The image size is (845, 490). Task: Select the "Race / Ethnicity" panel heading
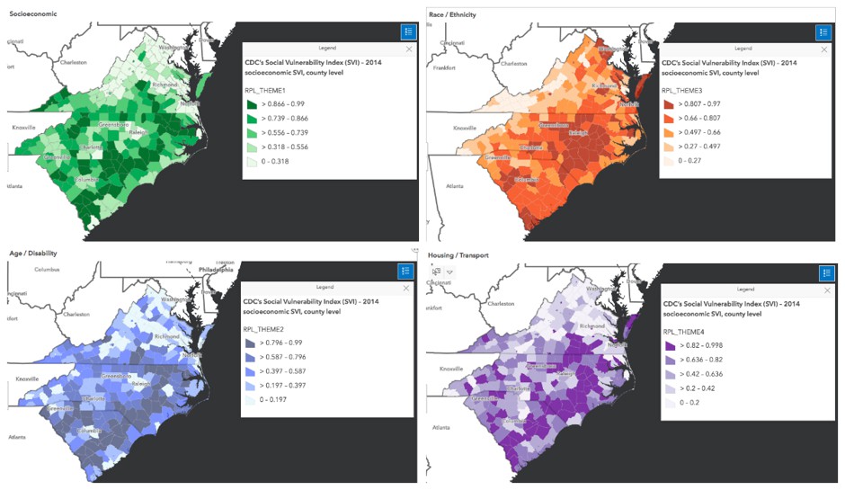pyautogui.click(x=452, y=14)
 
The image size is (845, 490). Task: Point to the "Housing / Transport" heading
pyautogui.click(x=458, y=255)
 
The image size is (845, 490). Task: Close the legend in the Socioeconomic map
pyautogui.click(x=409, y=49)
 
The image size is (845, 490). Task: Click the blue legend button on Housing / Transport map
pyautogui.click(x=825, y=272)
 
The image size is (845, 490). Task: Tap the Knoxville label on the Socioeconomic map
pyautogui.click(x=23, y=127)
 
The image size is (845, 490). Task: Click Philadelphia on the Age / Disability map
pyautogui.click(x=212, y=269)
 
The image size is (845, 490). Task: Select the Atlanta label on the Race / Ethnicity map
pyautogui.click(x=458, y=186)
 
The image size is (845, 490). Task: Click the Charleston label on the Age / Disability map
pyautogui.click(x=74, y=314)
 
